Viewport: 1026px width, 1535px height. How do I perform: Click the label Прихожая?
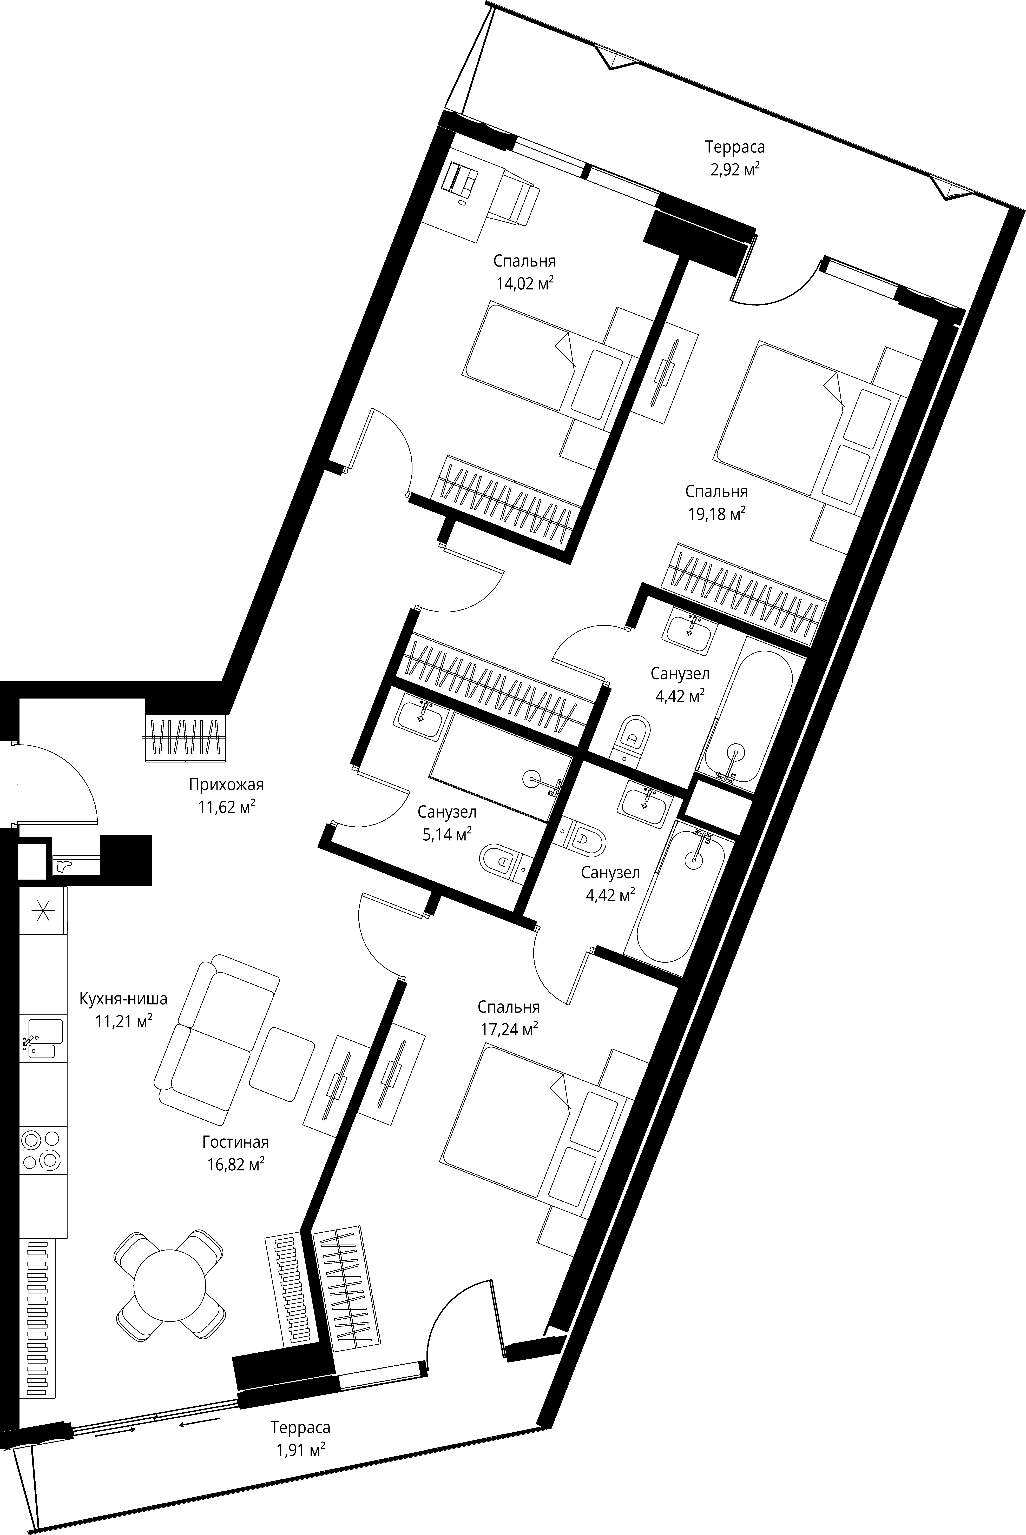[226, 784]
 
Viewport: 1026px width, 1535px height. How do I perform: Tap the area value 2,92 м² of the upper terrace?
[734, 170]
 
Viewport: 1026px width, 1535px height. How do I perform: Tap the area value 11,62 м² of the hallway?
[226, 807]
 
